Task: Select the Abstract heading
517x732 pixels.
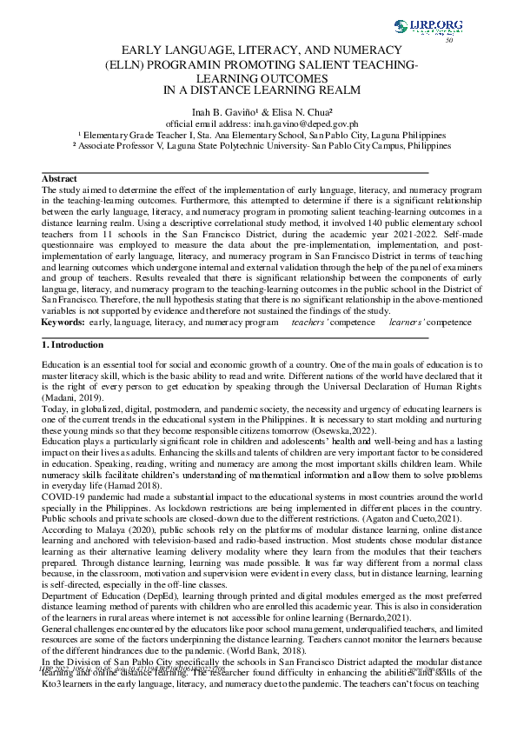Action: (x=59, y=178)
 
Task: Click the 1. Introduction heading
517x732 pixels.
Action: (x=74, y=346)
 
